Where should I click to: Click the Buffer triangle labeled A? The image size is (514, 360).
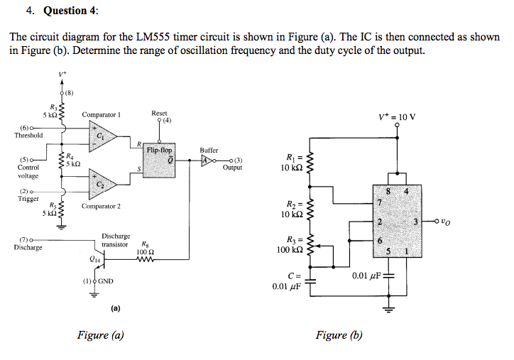click(x=205, y=160)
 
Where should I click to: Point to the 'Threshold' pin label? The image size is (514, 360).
click(x=28, y=135)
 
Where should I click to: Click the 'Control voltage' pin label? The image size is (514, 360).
click(x=28, y=171)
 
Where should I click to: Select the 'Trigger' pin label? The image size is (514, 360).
click(x=28, y=199)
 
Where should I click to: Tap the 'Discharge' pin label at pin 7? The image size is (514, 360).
click(x=28, y=247)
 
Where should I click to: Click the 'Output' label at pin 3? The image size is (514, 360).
click(x=232, y=168)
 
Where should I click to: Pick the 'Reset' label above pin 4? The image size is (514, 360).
click(x=159, y=113)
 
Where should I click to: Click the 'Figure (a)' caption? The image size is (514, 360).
click(x=100, y=335)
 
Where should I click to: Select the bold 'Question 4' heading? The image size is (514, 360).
click(x=71, y=11)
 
